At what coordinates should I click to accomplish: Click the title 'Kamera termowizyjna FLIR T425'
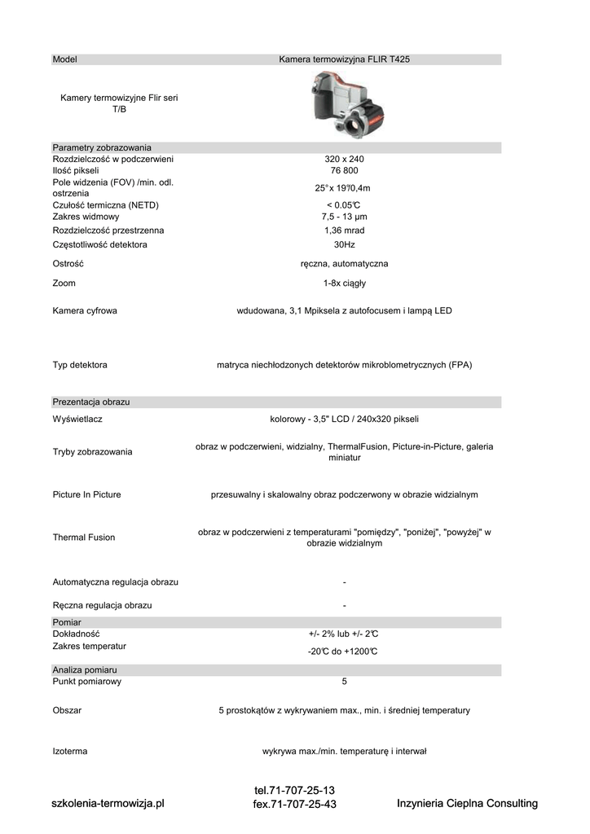(x=350, y=59)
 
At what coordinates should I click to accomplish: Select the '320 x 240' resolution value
(x=344, y=159)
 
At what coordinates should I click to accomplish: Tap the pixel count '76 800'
(x=344, y=171)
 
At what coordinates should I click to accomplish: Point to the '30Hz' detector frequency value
(x=344, y=244)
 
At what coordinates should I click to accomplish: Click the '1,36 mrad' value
(x=344, y=230)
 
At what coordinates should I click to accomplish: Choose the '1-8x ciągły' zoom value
(x=344, y=283)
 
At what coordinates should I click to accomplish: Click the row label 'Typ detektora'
(x=80, y=365)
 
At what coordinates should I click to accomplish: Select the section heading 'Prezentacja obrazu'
(x=91, y=402)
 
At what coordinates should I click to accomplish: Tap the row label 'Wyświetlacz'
(x=77, y=419)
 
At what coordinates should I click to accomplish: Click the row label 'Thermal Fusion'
(x=84, y=538)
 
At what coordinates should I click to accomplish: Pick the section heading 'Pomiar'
(x=66, y=622)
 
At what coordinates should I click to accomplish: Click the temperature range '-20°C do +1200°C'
(x=344, y=652)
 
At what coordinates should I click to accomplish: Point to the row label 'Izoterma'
(x=70, y=751)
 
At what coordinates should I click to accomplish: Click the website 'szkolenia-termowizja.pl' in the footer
(x=108, y=804)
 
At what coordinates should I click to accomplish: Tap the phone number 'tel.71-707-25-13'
(x=294, y=791)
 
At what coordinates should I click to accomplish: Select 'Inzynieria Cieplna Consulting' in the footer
(x=467, y=804)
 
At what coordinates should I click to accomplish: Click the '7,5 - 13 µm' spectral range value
(x=344, y=217)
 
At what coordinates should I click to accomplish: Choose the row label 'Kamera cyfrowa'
(x=85, y=311)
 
